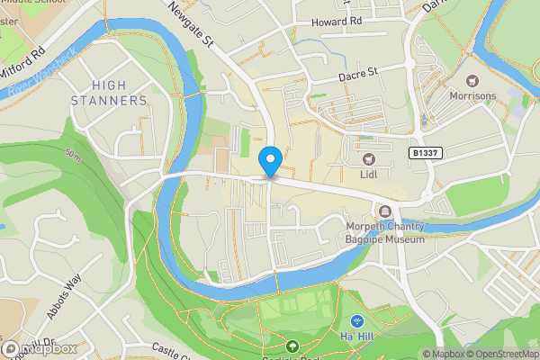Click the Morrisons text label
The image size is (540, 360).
click(473, 96)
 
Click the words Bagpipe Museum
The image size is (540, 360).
click(383, 239)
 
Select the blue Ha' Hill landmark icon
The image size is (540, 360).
click(357, 320)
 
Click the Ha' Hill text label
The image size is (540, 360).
click(357, 337)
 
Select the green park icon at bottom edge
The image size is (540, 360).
click(292, 346)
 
